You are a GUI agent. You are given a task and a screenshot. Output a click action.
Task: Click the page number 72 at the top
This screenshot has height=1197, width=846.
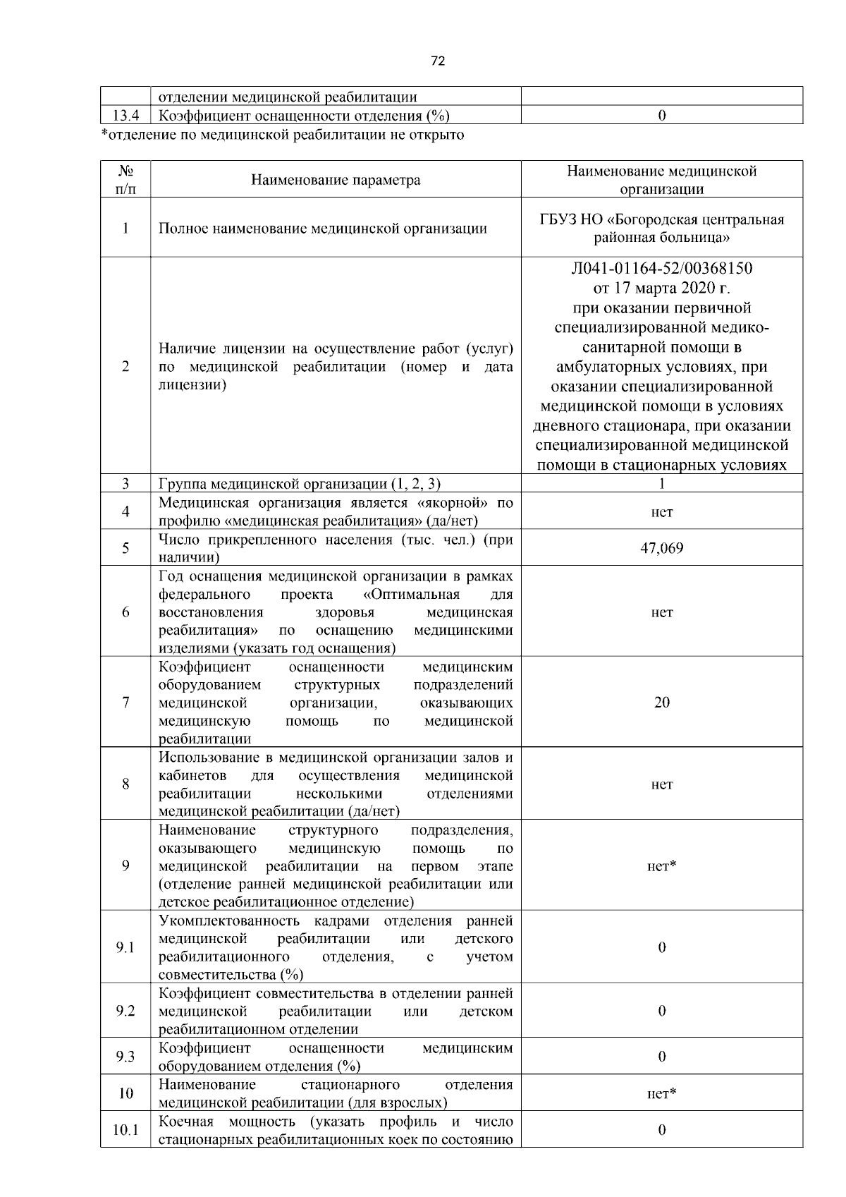(437, 61)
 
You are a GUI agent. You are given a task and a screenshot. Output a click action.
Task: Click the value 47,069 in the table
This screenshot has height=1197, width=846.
(661, 548)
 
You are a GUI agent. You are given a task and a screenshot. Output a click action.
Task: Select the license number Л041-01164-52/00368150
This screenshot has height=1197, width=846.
(661, 269)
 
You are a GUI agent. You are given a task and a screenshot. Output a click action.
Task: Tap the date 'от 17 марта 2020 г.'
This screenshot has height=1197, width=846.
(661, 288)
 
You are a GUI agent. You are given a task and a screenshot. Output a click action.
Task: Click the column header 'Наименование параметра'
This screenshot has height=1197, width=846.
(336, 180)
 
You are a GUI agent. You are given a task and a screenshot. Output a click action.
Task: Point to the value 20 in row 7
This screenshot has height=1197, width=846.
(661, 702)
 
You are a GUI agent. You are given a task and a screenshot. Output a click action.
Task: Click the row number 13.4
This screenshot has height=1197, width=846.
(125, 116)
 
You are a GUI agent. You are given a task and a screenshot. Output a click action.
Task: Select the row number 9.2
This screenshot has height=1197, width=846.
(125, 1011)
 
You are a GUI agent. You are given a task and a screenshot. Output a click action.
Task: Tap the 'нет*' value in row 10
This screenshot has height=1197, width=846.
(661, 1093)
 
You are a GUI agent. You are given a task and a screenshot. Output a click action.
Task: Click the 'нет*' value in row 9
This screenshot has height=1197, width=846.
(661, 865)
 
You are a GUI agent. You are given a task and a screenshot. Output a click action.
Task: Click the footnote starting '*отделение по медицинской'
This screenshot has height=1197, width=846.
(283, 134)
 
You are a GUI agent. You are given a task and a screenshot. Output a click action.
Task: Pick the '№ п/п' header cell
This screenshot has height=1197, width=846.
(125, 180)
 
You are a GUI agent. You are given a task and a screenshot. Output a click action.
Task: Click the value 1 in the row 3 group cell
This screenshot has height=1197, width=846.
(661, 484)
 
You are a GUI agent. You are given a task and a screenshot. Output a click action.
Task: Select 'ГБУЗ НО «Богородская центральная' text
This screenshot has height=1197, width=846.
(661, 219)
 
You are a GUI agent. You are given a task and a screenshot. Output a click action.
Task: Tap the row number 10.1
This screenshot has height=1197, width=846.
(125, 1130)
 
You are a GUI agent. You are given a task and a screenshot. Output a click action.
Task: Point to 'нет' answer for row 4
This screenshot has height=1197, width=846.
(661, 512)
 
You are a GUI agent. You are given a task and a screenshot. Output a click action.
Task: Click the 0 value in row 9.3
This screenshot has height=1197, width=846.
(661, 1057)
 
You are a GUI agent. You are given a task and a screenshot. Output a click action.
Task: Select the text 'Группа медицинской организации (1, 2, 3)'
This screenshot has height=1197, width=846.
(300, 484)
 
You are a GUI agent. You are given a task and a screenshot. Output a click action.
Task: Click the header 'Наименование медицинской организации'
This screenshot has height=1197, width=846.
(661, 180)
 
